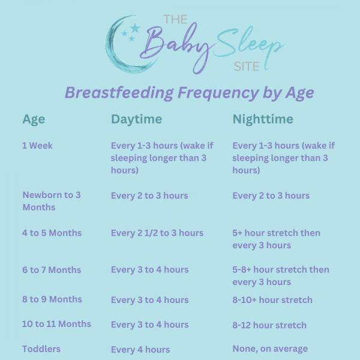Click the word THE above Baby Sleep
(175, 20)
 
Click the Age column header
(34, 119)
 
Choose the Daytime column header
(136, 119)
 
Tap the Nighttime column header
(263, 119)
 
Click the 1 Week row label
(37, 146)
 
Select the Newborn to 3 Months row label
(52, 201)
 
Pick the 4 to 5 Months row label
(52, 233)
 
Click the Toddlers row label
(41, 349)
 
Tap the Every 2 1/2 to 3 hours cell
(157, 233)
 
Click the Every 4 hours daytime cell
(140, 349)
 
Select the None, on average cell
(270, 349)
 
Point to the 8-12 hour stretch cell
(269, 325)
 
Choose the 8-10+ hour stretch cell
(272, 299)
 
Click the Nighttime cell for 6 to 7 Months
(280, 276)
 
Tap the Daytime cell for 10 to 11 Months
(149, 325)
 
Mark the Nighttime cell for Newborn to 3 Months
(271, 196)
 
